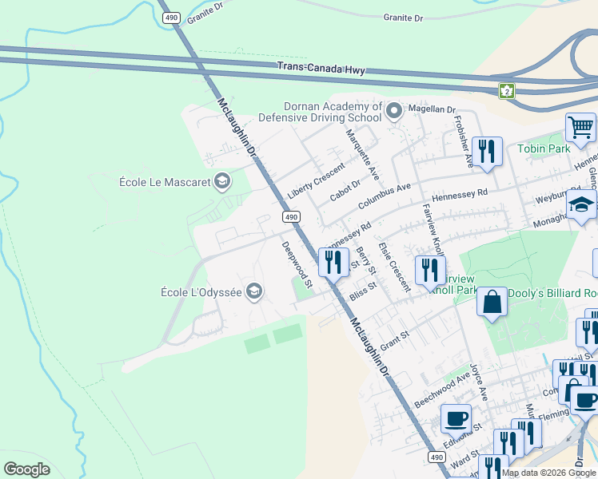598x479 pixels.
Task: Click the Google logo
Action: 26,469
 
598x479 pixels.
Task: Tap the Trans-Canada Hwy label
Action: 321,69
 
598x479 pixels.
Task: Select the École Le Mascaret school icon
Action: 222,182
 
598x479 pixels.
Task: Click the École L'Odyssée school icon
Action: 254,291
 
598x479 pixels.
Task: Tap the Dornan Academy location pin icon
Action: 393,112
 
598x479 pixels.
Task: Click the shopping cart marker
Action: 580,127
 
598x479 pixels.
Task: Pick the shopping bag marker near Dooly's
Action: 492,303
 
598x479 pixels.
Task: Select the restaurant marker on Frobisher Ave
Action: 486,150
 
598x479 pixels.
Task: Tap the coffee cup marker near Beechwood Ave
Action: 456,418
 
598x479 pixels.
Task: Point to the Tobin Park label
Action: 544,148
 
